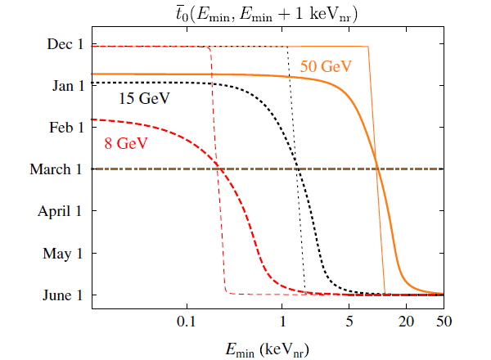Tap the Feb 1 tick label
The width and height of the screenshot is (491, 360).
(65, 128)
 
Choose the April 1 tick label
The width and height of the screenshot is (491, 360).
(60, 211)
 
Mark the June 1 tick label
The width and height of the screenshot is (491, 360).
(63, 295)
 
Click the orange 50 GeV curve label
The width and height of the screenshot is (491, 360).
(321, 65)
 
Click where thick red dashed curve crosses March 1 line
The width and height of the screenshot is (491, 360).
(219, 169)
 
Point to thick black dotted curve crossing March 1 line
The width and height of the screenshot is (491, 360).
(299, 169)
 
